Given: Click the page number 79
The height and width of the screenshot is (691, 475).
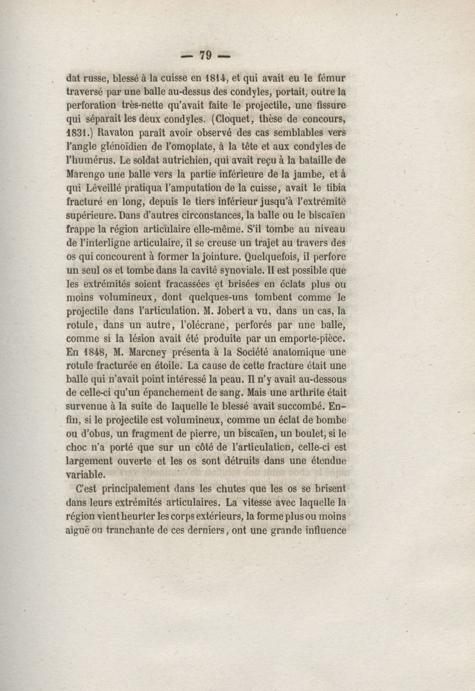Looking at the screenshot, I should [205, 55].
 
